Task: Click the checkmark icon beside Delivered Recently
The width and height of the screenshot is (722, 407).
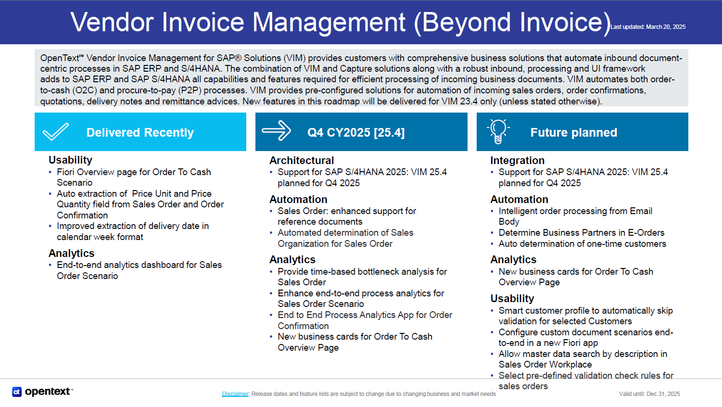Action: tap(56, 132)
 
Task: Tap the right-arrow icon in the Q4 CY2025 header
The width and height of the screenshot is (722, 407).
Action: tap(276, 131)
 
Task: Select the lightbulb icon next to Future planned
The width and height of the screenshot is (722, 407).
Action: tap(498, 131)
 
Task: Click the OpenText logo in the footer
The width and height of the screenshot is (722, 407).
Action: tap(42, 392)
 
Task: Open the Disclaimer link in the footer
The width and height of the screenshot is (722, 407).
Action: tap(235, 394)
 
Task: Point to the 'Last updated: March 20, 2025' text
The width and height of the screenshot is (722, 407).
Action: tap(647, 27)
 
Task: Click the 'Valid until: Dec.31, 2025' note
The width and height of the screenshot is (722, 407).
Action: tap(649, 394)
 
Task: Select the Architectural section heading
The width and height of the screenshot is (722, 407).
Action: tap(302, 160)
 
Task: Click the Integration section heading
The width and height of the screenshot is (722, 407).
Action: tap(517, 160)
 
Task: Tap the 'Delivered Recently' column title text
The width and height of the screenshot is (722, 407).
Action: tap(140, 132)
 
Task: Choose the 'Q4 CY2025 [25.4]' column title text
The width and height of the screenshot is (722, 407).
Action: tap(356, 132)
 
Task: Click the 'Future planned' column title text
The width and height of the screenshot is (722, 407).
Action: tap(573, 132)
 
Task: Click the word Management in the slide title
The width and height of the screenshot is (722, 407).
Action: tap(329, 22)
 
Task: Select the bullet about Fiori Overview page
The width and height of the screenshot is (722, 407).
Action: tap(133, 177)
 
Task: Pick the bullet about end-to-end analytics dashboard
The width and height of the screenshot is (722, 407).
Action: tap(139, 270)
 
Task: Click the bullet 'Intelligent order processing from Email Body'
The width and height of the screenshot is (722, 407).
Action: tap(575, 216)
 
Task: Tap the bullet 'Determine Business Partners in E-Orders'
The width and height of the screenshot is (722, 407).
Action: tap(581, 233)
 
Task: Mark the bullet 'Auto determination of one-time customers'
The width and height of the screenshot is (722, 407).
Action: tap(582, 244)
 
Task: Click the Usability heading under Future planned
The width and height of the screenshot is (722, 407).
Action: tap(512, 298)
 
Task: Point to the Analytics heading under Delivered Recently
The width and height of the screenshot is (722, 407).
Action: tap(71, 253)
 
